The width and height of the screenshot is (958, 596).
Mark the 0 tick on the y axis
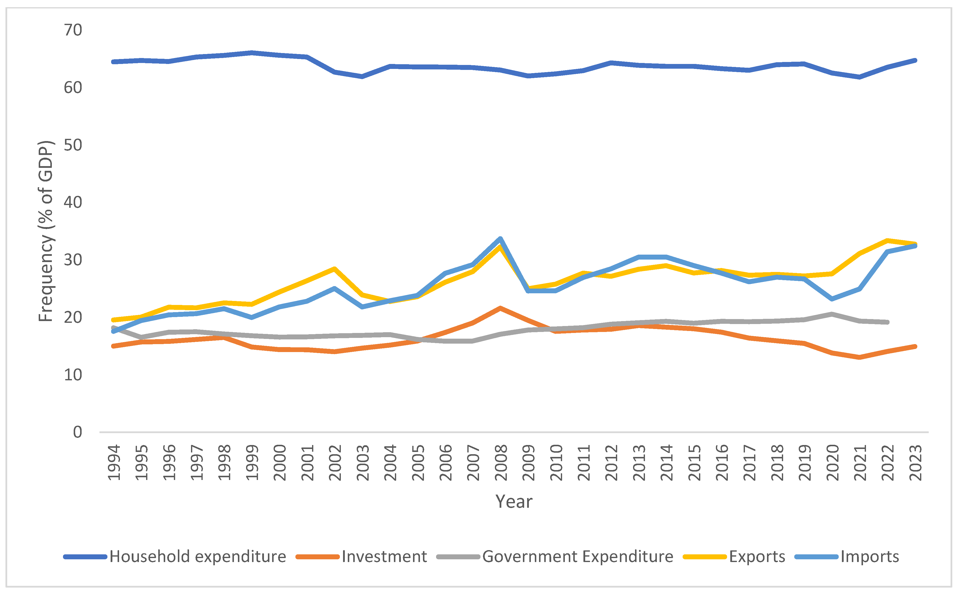tap(77, 432)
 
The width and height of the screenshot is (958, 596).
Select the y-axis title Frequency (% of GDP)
tap(45, 231)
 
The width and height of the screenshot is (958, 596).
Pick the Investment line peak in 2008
tap(500, 308)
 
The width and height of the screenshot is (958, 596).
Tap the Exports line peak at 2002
tap(334, 269)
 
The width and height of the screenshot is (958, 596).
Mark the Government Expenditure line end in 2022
tap(887, 322)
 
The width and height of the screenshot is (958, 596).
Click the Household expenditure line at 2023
tap(915, 60)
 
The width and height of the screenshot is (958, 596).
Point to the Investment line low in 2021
tap(860, 357)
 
